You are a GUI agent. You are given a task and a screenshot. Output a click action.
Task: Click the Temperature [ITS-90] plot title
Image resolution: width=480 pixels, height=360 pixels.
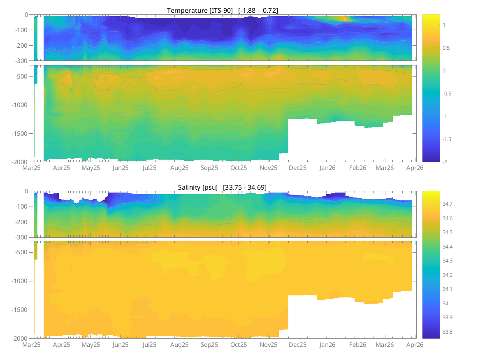pos(223,10)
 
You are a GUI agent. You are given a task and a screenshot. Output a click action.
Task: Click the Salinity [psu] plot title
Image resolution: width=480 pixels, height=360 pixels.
pos(222,187)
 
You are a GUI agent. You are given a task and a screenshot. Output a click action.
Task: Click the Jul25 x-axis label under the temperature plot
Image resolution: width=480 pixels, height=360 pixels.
pos(149,168)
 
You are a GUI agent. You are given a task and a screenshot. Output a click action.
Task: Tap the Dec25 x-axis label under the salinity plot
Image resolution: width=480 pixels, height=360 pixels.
pos(297,345)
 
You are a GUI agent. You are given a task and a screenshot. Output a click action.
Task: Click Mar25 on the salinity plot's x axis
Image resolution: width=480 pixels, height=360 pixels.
pos(31,345)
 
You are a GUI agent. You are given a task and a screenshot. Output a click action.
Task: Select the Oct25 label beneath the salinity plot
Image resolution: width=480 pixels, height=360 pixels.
pos(239,345)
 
